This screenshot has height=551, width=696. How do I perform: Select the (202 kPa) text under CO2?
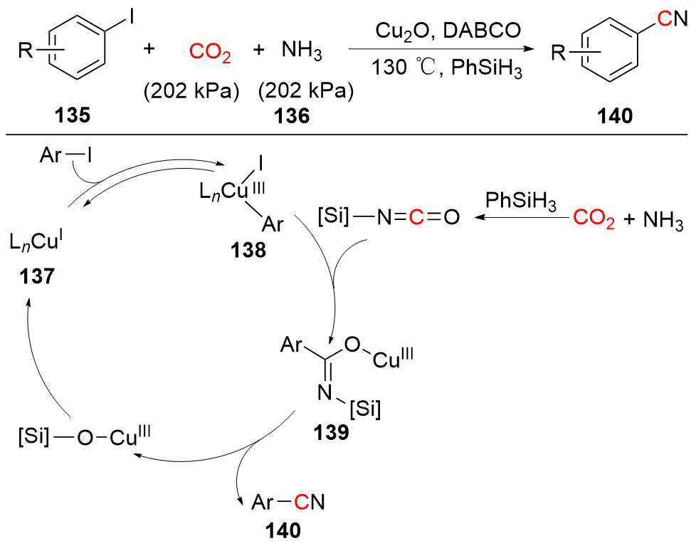coord(191,91)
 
